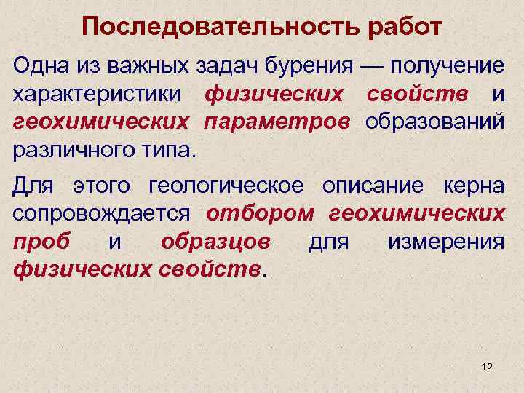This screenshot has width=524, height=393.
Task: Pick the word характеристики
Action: tap(98, 94)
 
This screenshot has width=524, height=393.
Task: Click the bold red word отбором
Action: tap(260, 213)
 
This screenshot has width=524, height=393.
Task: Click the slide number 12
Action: tap(487, 368)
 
